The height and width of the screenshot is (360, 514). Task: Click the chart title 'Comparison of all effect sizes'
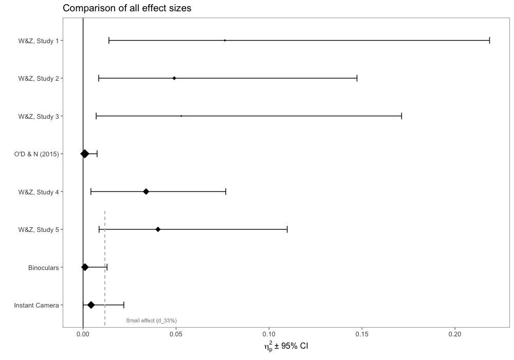click(127, 8)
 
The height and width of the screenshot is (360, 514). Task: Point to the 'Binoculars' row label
click(44, 267)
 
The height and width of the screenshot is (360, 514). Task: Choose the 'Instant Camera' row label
click(37, 305)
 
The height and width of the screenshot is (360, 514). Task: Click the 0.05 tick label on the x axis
click(176, 334)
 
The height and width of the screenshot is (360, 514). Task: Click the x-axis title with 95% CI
click(286, 347)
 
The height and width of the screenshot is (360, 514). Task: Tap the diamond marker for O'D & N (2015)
click(85, 154)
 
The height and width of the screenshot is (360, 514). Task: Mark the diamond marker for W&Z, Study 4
click(146, 192)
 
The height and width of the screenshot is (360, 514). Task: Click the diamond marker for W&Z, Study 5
click(158, 229)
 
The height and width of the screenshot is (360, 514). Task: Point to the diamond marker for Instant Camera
click(91, 305)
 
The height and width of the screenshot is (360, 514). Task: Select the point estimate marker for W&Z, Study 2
click(174, 78)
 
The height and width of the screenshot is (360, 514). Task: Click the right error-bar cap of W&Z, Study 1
click(489, 40)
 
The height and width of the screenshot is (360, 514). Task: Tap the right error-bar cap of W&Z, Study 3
click(401, 116)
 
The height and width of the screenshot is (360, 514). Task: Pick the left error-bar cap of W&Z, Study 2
click(99, 78)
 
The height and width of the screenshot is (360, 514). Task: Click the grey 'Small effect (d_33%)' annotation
click(151, 321)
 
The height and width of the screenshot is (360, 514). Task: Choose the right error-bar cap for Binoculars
click(107, 267)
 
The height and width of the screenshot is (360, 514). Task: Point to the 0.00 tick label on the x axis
click(83, 334)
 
